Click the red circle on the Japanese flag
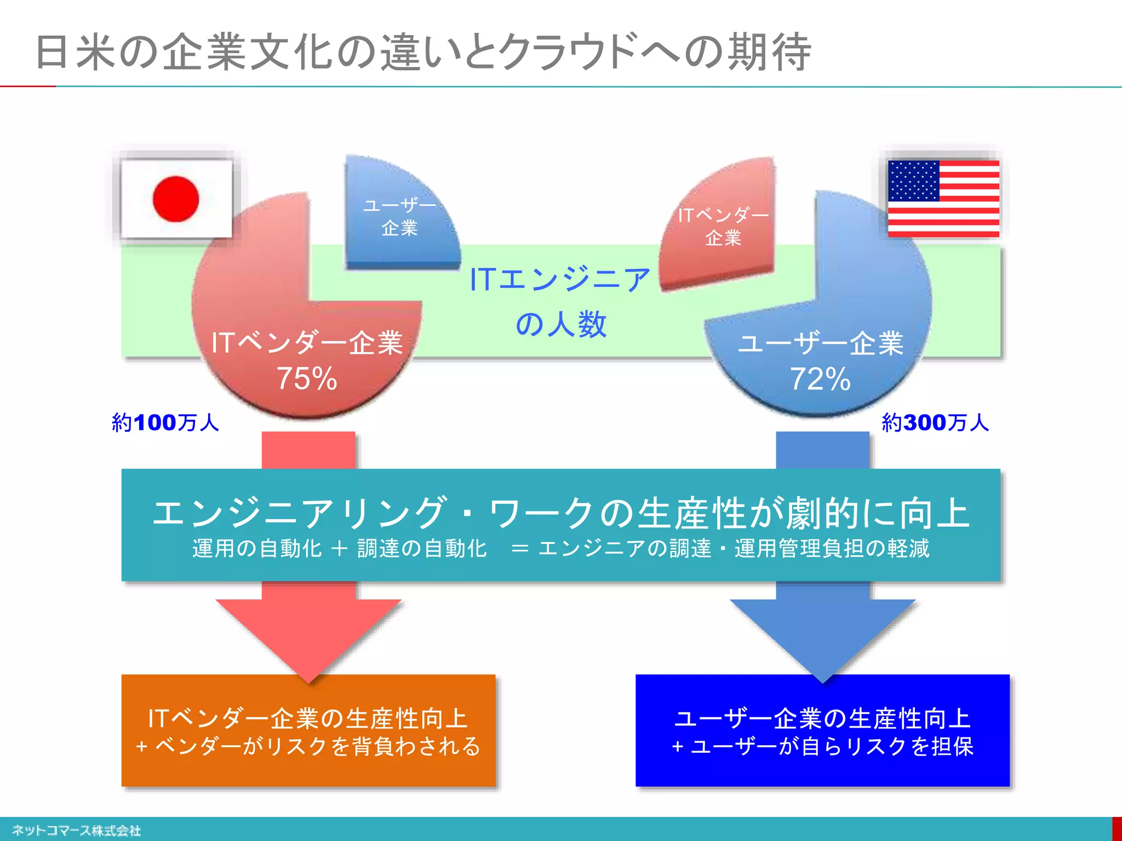tap(176, 199)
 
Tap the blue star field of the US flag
tap(913, 181)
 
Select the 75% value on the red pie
tap(306, 378)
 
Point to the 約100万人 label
tap(165, 423)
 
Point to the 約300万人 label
tap(935, 423)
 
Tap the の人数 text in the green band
tap(561, 324)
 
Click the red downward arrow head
tap(308, 635)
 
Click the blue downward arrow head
tap(822, 635)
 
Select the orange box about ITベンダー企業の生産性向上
tap(308, 731)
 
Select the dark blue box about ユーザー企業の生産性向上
tap(822, 731)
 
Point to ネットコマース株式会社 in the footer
tap(76, 831)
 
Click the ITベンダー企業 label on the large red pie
tap(307, 343)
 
